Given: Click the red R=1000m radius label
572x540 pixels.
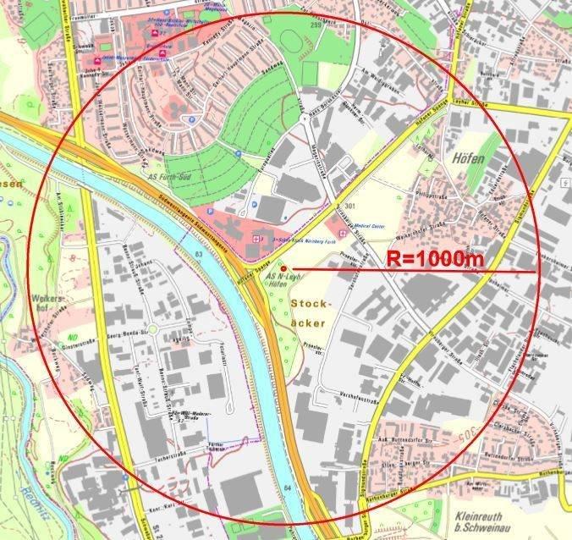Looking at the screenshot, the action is click(435, 258).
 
